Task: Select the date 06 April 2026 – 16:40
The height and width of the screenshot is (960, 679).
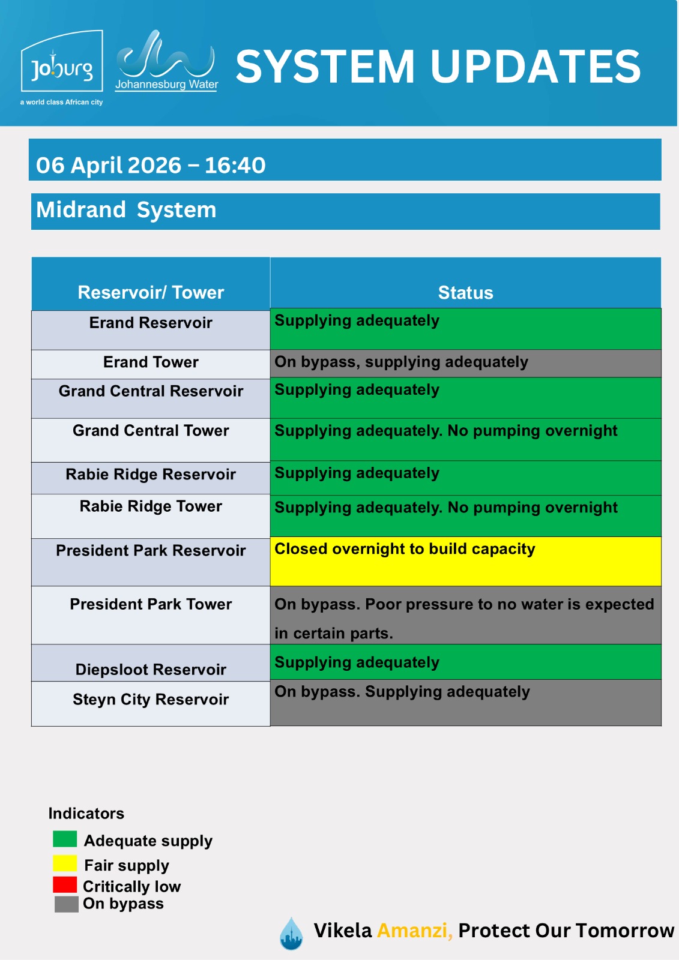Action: tap(151, 165)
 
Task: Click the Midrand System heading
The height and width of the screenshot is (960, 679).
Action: tap(126, 210)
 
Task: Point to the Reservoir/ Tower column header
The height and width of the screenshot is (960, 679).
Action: tap(151, 292)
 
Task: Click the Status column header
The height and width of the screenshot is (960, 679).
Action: tap(465, 292)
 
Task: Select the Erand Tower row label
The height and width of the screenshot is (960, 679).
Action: tap(151, 362)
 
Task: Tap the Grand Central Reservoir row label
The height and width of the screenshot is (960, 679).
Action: tap(151, 391)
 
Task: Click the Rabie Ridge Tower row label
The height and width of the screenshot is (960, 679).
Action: tap(151, 506)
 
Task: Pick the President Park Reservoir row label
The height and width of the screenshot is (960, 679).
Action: tap(151, 551)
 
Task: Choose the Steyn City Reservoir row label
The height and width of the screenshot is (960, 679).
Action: tap(151, 700)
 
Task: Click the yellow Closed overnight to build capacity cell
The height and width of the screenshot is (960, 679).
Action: tap(465, 561)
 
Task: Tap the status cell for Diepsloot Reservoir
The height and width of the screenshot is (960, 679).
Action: tap(465, 662)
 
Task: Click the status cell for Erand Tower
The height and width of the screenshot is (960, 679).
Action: tap(465, 362)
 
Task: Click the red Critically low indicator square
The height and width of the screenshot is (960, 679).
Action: tap(65, 884)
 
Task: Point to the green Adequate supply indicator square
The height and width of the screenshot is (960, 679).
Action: tap(65, 839)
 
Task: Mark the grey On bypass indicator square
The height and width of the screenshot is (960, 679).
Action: tap(66, 904)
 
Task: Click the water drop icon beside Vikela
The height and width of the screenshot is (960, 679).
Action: tap(291, 934)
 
